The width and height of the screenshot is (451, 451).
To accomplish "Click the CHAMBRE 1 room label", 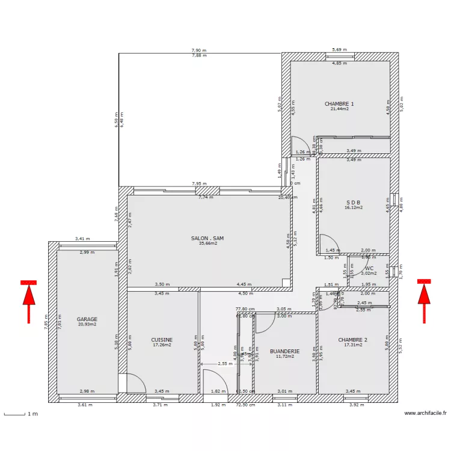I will (x=339, y=103).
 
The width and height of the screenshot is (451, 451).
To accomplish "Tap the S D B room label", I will (x=353, y=202).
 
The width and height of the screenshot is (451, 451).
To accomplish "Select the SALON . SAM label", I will (x=204, y=238).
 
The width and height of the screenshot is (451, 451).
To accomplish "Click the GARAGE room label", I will (x=87, y=319).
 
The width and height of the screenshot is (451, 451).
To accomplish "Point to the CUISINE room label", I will (x=162, y=340).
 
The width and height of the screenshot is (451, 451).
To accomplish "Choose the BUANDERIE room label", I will (x=284, y=351).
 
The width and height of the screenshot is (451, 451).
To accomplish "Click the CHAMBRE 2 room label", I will (x=352, y=340).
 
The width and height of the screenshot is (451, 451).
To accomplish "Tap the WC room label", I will (x=369, y=268).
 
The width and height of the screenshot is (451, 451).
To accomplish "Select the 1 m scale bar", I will (x=21, y=414).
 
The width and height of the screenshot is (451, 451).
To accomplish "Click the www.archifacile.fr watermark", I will (x=426, y=413).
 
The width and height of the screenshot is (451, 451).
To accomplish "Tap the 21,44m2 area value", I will (x=339, y=109).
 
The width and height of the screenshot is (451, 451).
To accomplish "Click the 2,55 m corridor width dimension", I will (x=225, y=363).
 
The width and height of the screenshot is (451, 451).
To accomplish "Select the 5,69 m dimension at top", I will (x=340, y=50).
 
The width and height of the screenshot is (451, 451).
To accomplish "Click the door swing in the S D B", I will (x=328, y=244).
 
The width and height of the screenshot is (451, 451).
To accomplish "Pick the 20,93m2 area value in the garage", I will (x=87, y=325).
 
